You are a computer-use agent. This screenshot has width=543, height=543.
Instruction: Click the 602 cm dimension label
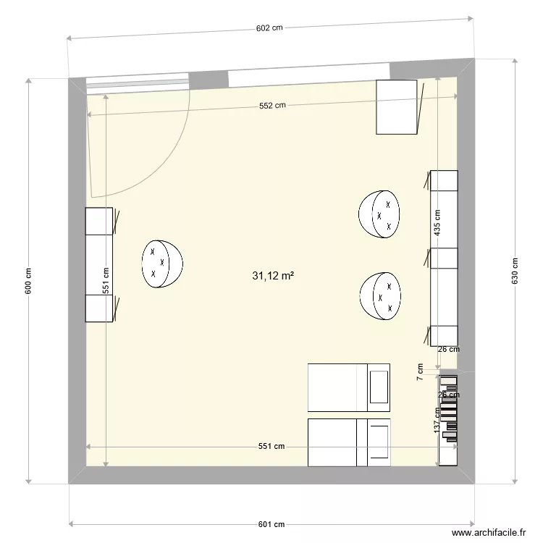pos(269,28)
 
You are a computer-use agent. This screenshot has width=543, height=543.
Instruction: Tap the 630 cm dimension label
pos(515,271)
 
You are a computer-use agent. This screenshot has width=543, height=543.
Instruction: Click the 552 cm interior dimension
pos(272,105)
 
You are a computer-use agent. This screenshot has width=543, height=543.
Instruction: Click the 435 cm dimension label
pos(437,224)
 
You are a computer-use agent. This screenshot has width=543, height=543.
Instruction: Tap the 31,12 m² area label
pos(272,276)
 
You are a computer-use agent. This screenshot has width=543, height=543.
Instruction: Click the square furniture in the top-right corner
pos(397,107)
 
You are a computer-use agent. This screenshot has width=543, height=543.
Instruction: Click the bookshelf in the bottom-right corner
pos(448,418)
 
